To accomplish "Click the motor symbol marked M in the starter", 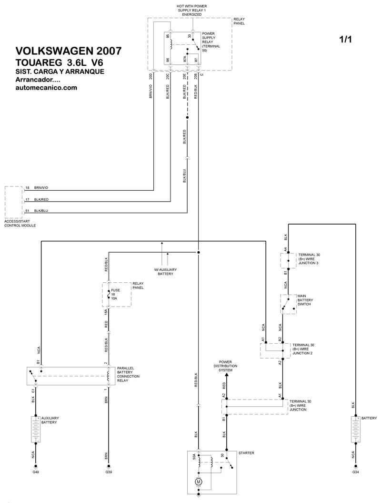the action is (x=198, y=482).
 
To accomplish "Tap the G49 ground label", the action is (x=36, y=472).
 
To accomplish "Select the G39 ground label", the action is (x=109, y=472).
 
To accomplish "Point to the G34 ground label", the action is (x=355, y=472).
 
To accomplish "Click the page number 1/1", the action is (x=345, y=39).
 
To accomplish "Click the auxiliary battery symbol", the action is (x=36, y=429).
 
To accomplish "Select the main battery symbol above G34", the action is (x=355, y=429).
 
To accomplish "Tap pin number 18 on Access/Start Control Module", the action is (x=27, y=188).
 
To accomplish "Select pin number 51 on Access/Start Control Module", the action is (x=27, y=211).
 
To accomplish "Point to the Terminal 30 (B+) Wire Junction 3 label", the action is (x=309, y=259).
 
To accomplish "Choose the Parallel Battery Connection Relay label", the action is (x=128, y=374).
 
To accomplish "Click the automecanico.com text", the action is (x=46, y=88).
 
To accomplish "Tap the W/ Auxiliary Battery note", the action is (x=165, y=272).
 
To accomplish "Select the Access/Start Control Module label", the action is (x=20, y=224).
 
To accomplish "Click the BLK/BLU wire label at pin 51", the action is (x=41, y=211).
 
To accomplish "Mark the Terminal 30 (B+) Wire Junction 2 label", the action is (x=303, y=349).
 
